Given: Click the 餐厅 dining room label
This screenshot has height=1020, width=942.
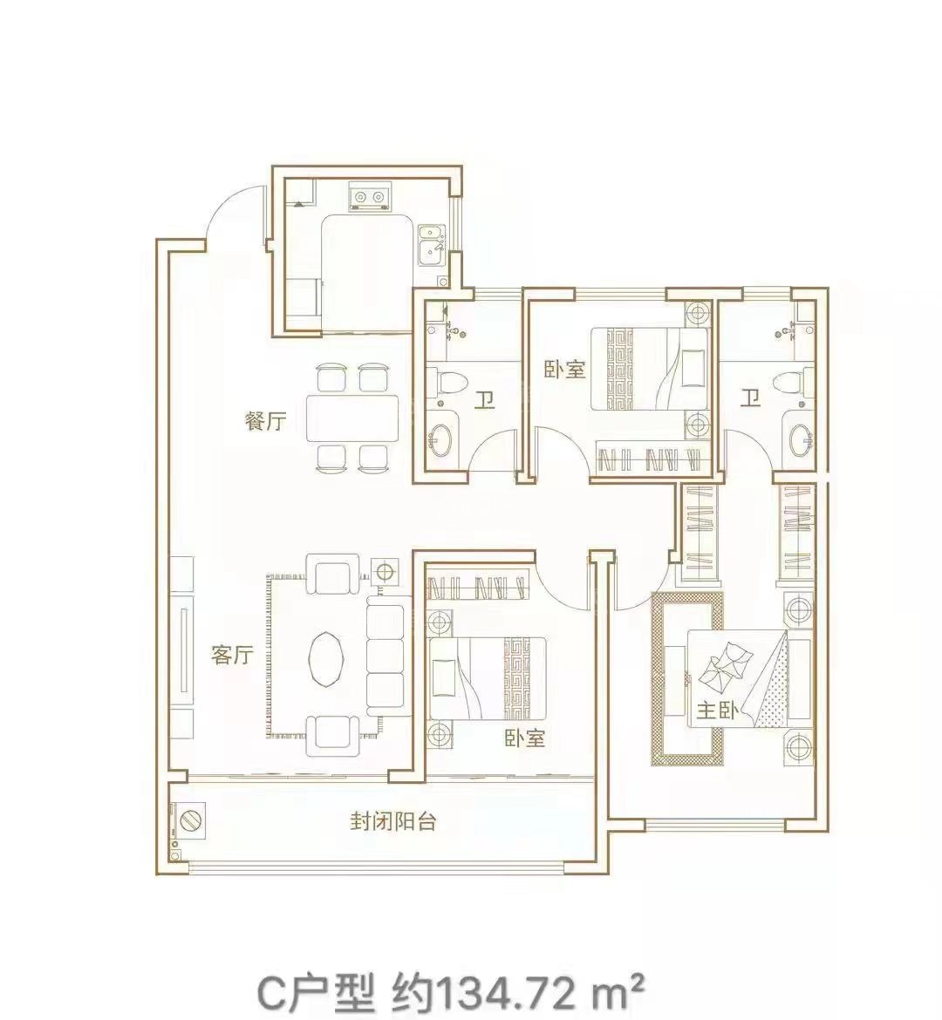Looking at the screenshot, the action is (265, 422).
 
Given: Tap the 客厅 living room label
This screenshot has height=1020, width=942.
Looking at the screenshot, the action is (231, 655).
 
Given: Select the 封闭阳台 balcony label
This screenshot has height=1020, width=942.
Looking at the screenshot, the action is (392, 821).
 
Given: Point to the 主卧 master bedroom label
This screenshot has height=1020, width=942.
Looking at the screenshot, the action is (716, 711).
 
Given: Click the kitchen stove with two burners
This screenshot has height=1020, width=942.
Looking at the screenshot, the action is (369, 196).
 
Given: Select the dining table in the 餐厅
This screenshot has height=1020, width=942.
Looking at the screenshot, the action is (352, 418).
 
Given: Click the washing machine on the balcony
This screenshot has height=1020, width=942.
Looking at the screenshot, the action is (188, 821).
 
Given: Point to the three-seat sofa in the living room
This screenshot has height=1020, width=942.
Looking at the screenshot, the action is (386, 658).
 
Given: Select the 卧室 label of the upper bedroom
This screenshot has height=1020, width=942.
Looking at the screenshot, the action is (565, 371).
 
